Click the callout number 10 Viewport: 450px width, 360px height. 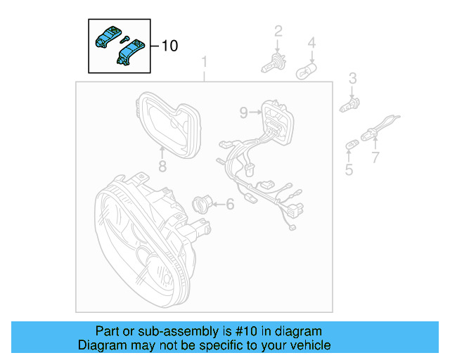[x=169, y=46]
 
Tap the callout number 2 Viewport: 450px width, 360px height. [x=278, y=31]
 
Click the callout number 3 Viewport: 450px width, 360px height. [x=353, y=78]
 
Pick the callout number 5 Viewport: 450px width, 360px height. [x=349, y=169]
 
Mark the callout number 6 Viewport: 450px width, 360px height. [x=229, y=205]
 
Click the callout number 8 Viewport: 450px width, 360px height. [x=162, y=166]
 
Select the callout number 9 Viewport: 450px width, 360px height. [x=243, y=112]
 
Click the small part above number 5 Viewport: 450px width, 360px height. [x=349, y=145]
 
